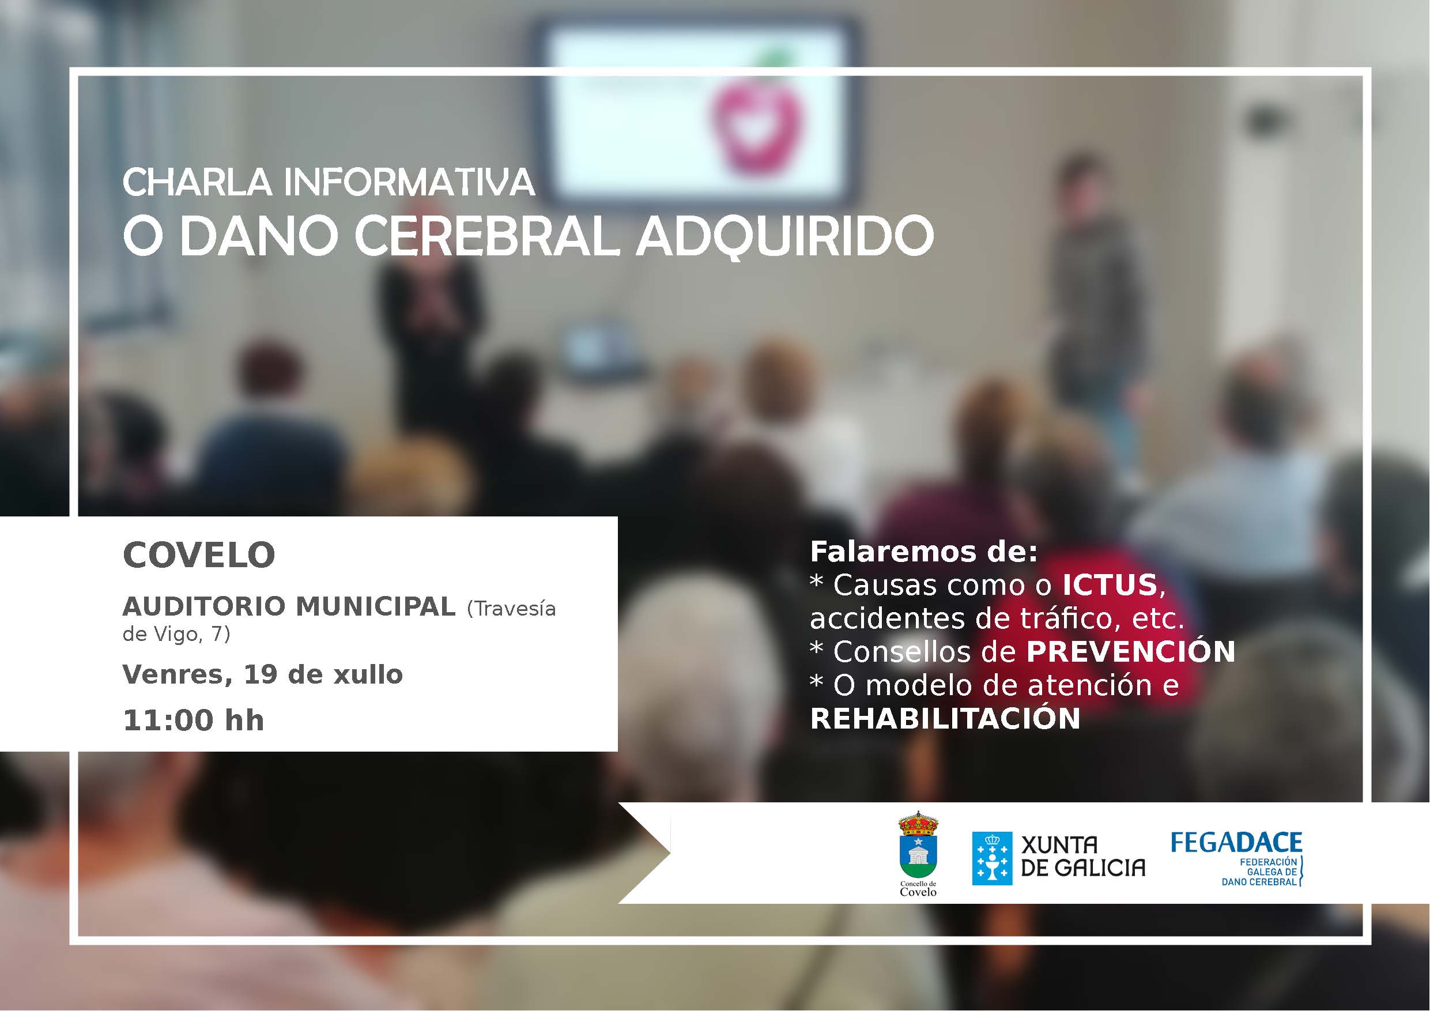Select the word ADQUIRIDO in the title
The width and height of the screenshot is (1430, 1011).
pos(785,237)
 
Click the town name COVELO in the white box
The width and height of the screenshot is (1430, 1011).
pos(199,554)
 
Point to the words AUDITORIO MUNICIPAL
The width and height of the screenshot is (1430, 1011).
pos(289,606)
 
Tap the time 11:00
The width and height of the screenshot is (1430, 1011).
pos(168,720)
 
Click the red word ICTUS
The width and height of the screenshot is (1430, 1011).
pos(1110,584)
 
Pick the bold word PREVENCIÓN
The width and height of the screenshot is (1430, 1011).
pos(1130,651)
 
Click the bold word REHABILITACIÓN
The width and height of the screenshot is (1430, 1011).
pos(945,718)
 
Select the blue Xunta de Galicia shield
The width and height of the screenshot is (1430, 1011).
pos(992,858)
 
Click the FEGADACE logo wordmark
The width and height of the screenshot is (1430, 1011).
pos(1236,843)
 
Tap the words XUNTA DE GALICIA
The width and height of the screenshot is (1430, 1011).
pos(1083,857)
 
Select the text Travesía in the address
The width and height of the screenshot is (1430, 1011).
pos(511,608)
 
